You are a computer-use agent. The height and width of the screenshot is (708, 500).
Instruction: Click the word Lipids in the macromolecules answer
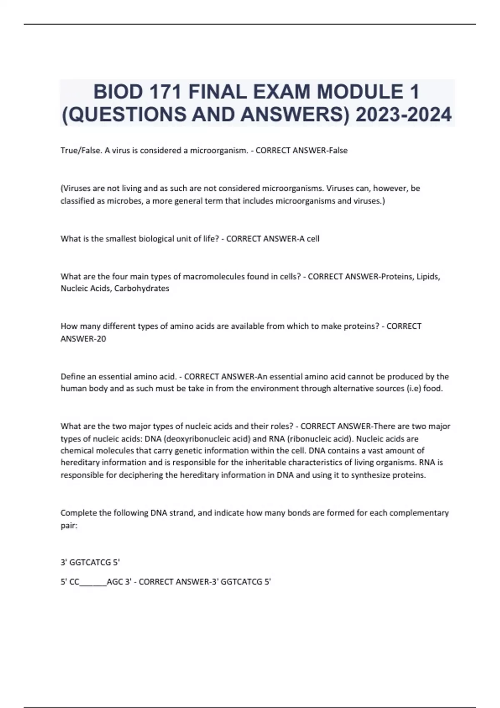click(x=429, y=276)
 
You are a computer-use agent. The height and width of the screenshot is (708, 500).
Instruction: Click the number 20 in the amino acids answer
click(x=101, y=339)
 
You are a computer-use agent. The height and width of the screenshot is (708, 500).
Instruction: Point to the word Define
click(x=72, y=376)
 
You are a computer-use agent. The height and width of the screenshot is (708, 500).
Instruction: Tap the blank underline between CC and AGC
click(x=93, y=582)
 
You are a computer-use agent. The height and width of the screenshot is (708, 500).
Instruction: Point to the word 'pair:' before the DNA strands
click(x=69, y=525)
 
